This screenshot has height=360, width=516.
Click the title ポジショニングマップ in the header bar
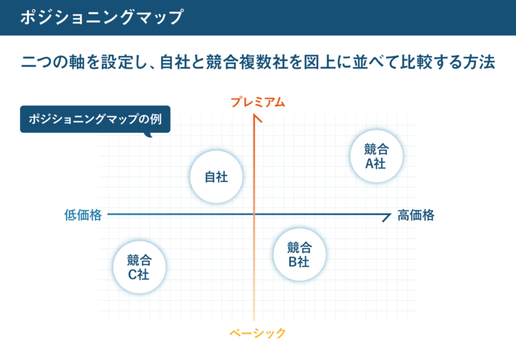[102, 17]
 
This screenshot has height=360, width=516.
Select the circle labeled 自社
[216, 177]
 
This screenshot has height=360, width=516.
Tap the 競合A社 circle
[376, 156]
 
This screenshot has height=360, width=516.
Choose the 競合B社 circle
[299, 254]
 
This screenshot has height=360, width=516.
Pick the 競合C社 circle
[139, 267]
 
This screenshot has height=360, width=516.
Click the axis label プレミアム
[257, 102]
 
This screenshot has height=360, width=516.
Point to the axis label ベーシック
[257, 333]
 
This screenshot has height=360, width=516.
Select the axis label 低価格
[83, 215]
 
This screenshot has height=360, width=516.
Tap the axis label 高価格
[416, 215]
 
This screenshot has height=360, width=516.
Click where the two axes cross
[254, 215]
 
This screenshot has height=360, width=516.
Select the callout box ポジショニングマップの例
[95, 119]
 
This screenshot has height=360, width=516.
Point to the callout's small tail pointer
[148, 135]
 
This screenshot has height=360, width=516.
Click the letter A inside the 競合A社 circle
[370, 163]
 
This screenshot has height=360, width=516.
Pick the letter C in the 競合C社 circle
[133, 274]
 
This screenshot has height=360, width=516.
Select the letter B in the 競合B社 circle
[293, 262]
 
